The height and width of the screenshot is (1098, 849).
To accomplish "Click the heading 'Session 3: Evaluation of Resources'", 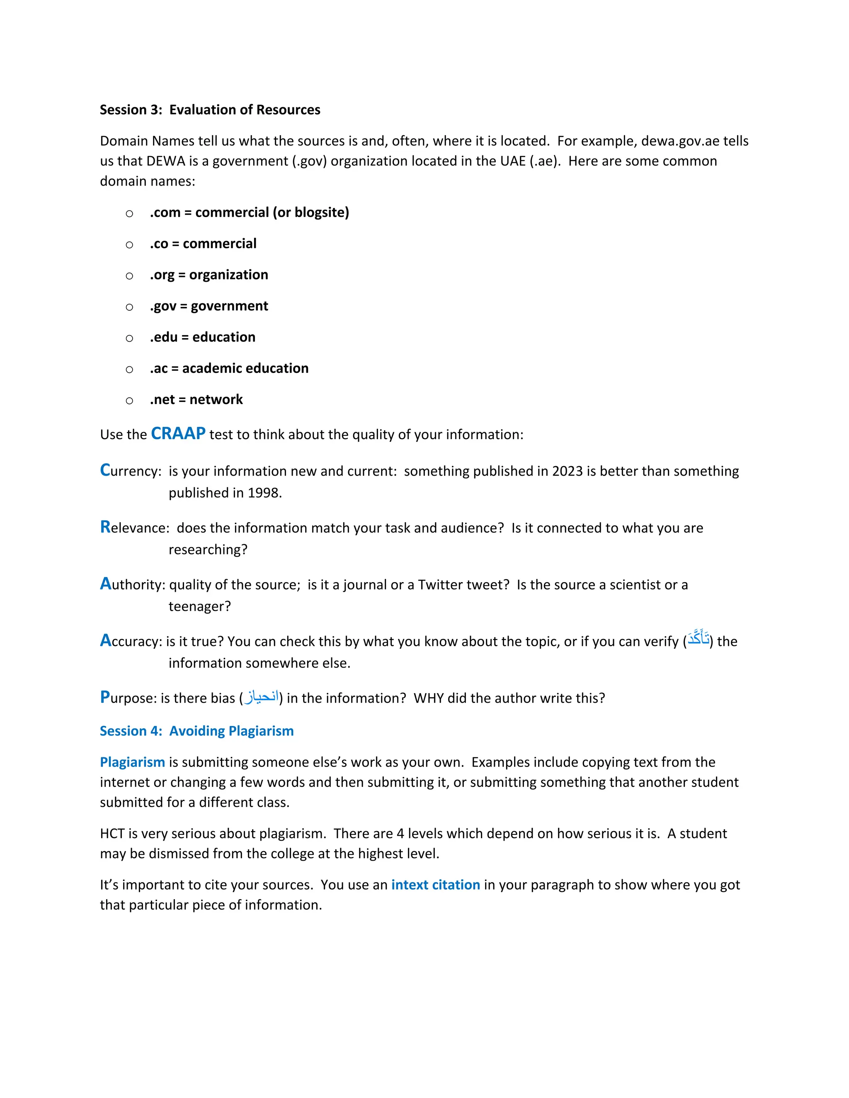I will point(210,110).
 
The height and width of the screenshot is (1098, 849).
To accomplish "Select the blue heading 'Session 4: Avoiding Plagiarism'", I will point(196,730).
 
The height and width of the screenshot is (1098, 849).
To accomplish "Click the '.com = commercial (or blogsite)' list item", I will point(250,212).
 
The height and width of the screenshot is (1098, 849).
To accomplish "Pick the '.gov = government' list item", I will point(209,306).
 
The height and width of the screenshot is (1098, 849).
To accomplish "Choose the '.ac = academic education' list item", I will point(229,368).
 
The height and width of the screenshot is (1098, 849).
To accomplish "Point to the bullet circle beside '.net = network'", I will point(129,400).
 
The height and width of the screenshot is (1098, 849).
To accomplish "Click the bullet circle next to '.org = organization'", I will point(129,276).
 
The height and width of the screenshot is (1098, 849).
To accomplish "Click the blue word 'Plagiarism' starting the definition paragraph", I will point(132,762).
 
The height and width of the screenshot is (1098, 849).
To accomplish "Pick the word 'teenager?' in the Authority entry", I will point(200,606).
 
